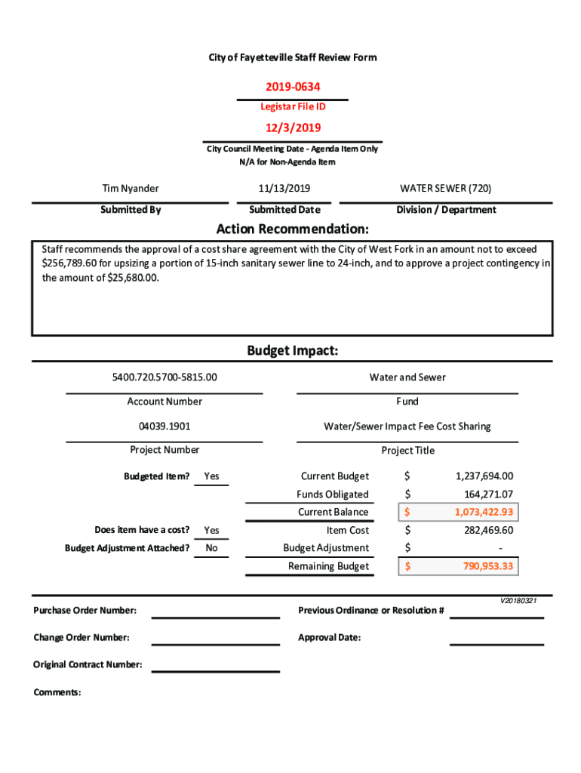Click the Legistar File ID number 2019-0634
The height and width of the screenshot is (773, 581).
coord(292,88)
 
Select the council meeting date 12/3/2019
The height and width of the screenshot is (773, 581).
coord(292,128)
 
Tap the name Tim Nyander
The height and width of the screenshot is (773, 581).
coord(131,189)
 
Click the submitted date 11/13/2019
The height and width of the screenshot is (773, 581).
coord(284,189)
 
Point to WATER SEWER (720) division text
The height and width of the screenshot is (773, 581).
coord(445,189)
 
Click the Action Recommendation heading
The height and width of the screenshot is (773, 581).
coord(292,229)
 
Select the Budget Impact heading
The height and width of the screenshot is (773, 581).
coord(292,351)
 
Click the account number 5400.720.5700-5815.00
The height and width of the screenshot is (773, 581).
coord(164,377)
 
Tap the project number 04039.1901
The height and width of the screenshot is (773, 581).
coord(164,427)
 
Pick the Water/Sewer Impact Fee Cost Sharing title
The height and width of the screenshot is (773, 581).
coord(407,427)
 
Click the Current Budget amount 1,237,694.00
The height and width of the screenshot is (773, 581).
coord(484,476)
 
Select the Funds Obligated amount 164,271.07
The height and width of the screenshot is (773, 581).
coord(488,494)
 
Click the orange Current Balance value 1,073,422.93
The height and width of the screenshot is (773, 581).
coord(483,513)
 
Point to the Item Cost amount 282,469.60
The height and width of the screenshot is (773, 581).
coord(488,531)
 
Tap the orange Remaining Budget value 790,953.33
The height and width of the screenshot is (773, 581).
coord(487,566)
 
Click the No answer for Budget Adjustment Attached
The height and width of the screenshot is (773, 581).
coord(211,548)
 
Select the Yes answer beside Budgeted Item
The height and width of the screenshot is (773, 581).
coord(211,476)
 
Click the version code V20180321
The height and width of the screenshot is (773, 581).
coord(518,601)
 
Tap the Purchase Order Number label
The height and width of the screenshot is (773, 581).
coord(85,610)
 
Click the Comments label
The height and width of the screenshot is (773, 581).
coord(57,692)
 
